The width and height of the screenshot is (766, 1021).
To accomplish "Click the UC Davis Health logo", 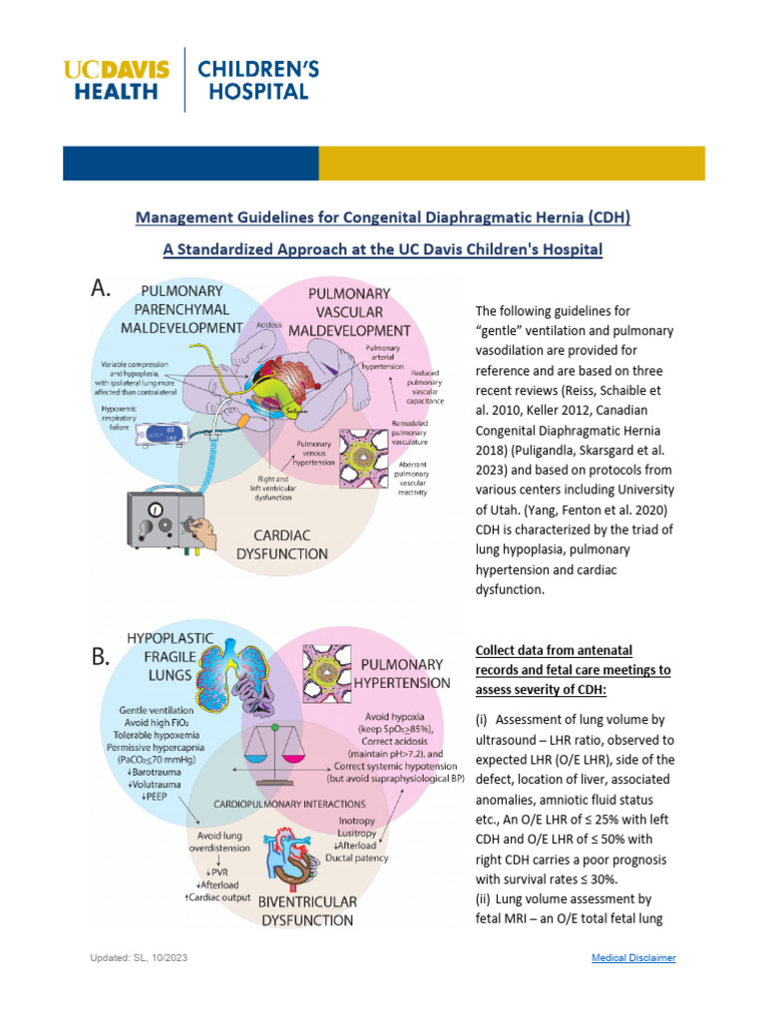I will point(116,80).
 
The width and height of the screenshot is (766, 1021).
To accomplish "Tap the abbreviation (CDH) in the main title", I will point(603,216).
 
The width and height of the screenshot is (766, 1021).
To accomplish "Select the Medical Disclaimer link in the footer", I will point(633,957).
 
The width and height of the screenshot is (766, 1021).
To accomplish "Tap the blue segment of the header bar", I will point(191,164).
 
